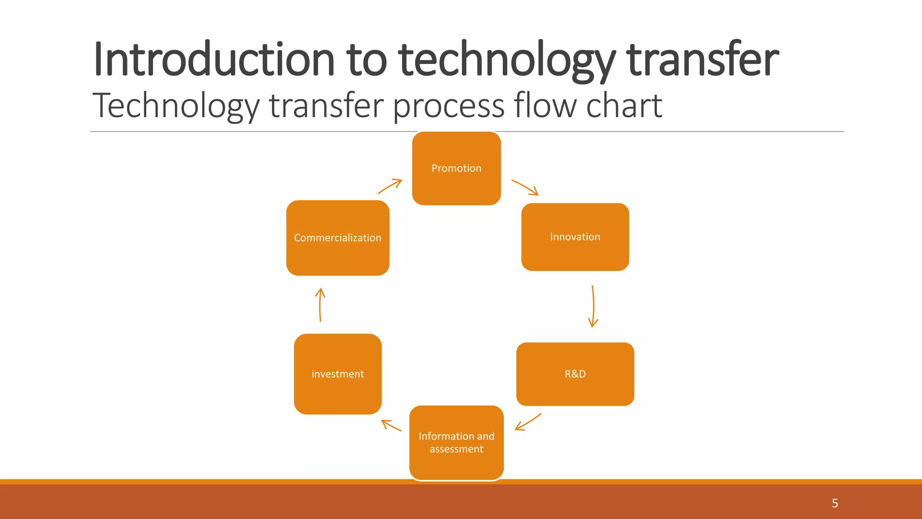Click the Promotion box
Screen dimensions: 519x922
[456, 168]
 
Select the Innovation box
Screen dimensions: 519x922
[575, 237]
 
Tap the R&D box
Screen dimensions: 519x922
[575, 374]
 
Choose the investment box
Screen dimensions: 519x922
[338, 374]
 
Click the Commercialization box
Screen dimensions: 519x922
[338, 238]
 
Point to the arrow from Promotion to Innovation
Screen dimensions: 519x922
[525, 187]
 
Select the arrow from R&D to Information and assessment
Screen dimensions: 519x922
[528, 422]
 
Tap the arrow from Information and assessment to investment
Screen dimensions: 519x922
[391, 425]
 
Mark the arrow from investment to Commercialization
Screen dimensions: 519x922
[320, 305]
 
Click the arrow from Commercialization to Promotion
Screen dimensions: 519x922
[390, 186]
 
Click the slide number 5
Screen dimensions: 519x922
[835, 503]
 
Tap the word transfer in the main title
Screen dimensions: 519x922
[702, 59]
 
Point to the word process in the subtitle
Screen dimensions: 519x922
[448, 106]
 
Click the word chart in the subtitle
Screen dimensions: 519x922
[624, 105]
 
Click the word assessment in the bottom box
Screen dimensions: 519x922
[456, 449]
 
